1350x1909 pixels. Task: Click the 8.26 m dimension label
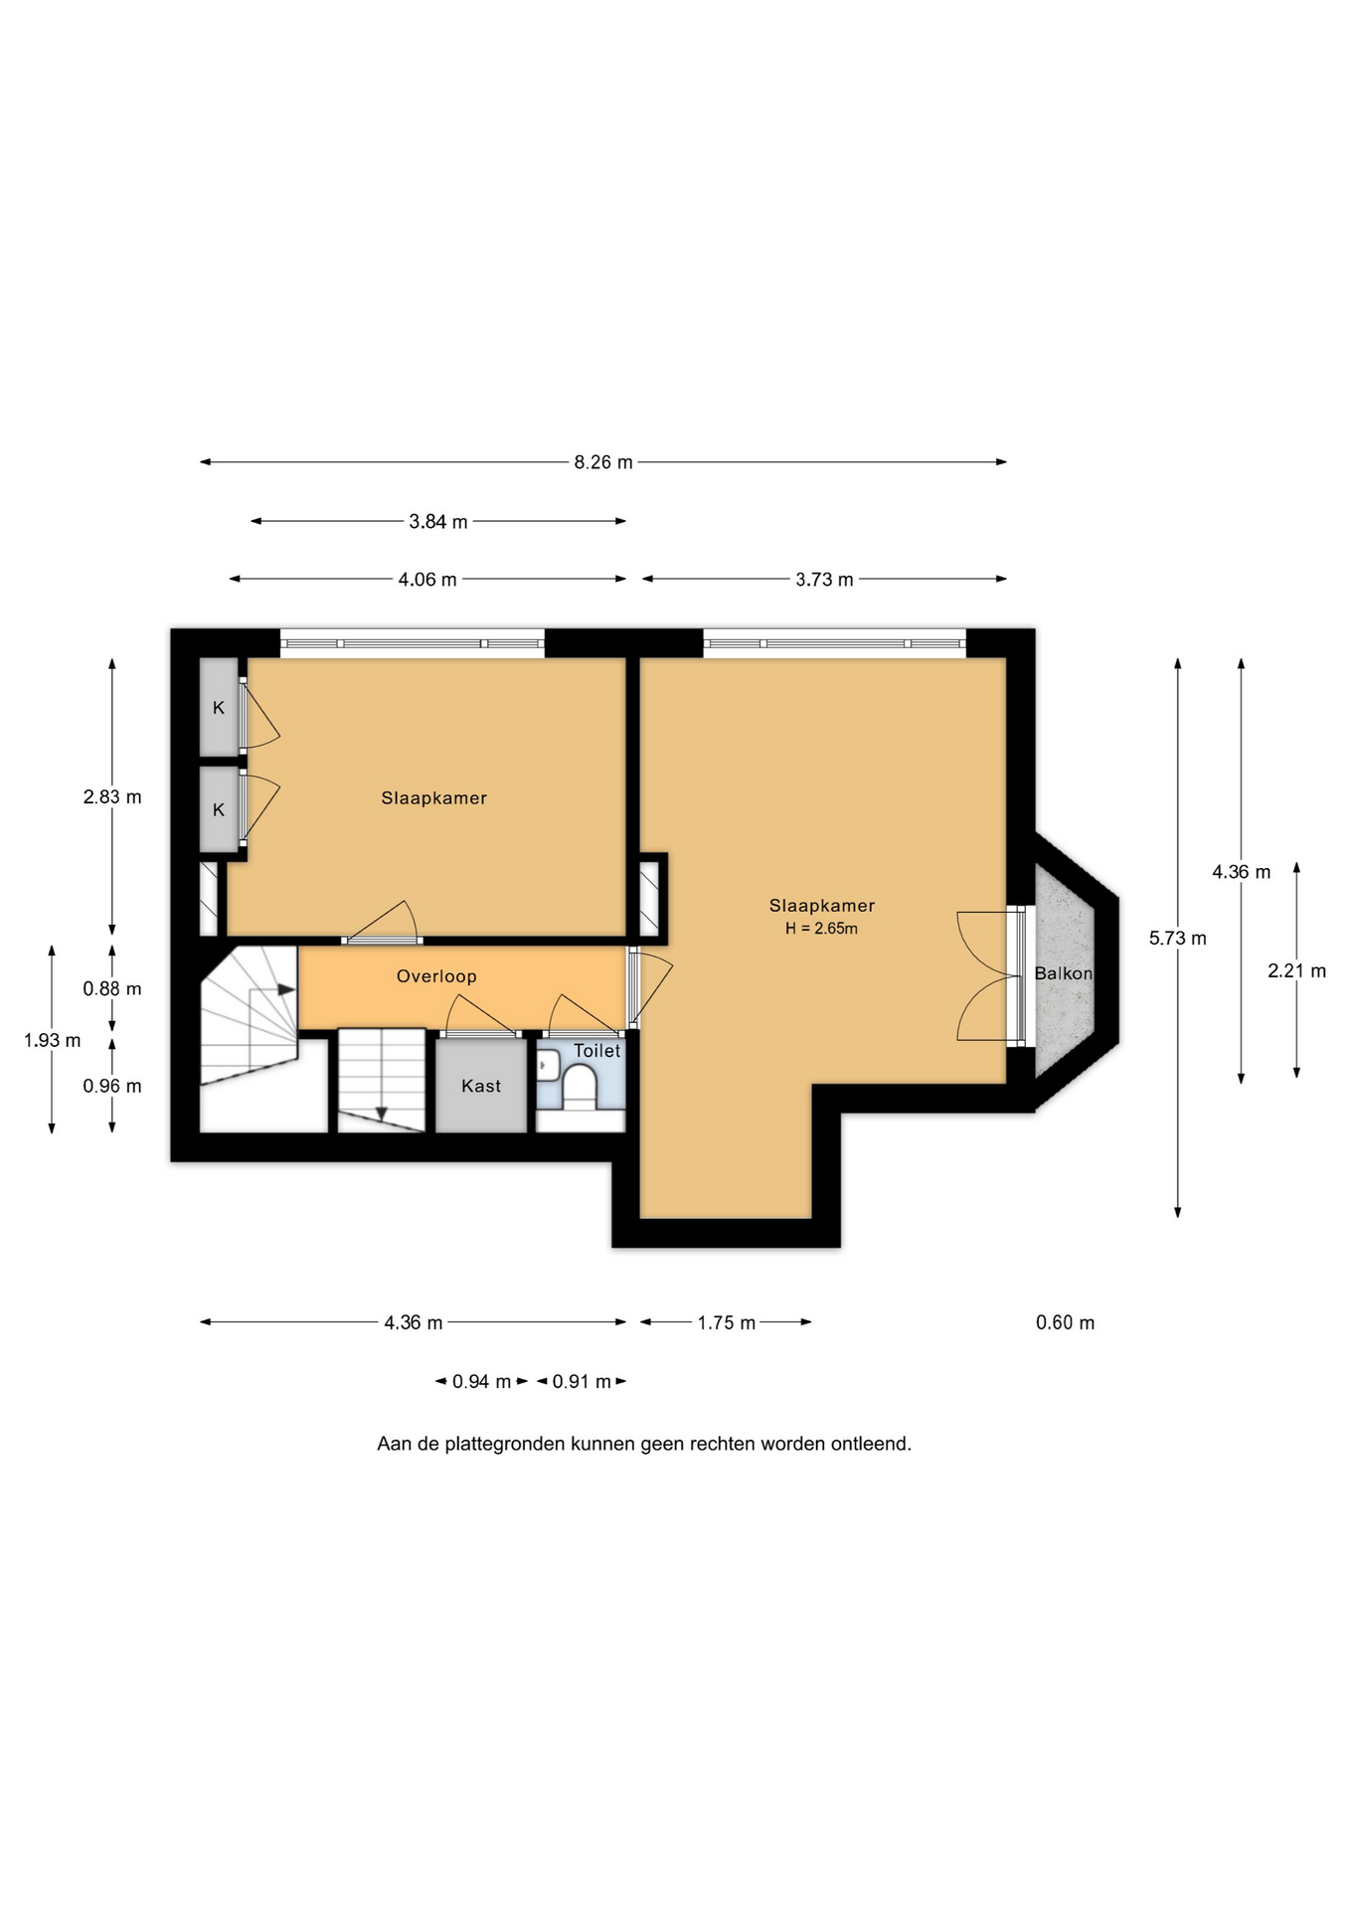click(x=603, y=462)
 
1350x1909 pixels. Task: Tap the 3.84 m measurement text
click(x=438, y=521)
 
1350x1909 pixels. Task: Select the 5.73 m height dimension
click(x=1178, y=938)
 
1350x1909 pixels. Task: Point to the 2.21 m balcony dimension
click(x=1296, y=970)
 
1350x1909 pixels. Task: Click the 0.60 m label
click(x=1065, y=1322)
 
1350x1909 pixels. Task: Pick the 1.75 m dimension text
click(x=727, y=1322)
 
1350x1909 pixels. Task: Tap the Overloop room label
click(x=436, y=976)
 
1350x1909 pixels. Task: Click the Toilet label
click(x=596, y=1051)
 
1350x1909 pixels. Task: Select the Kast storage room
click(x=481, y=1086)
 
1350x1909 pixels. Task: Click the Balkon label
click(x=1064, y=973)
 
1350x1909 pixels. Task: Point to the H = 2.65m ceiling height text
click(x=821, y=929)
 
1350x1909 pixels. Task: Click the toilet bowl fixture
click(x=579, y=1087)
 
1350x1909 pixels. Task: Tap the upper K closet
click(x=219, y=707)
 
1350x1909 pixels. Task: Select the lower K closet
click(x=219, y=809)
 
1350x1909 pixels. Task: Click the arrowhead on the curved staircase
click(x=287, y=989)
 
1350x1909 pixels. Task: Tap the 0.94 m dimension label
click(x=481, y=1382)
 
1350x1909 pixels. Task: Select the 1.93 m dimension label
click(x=53, y=1041)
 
